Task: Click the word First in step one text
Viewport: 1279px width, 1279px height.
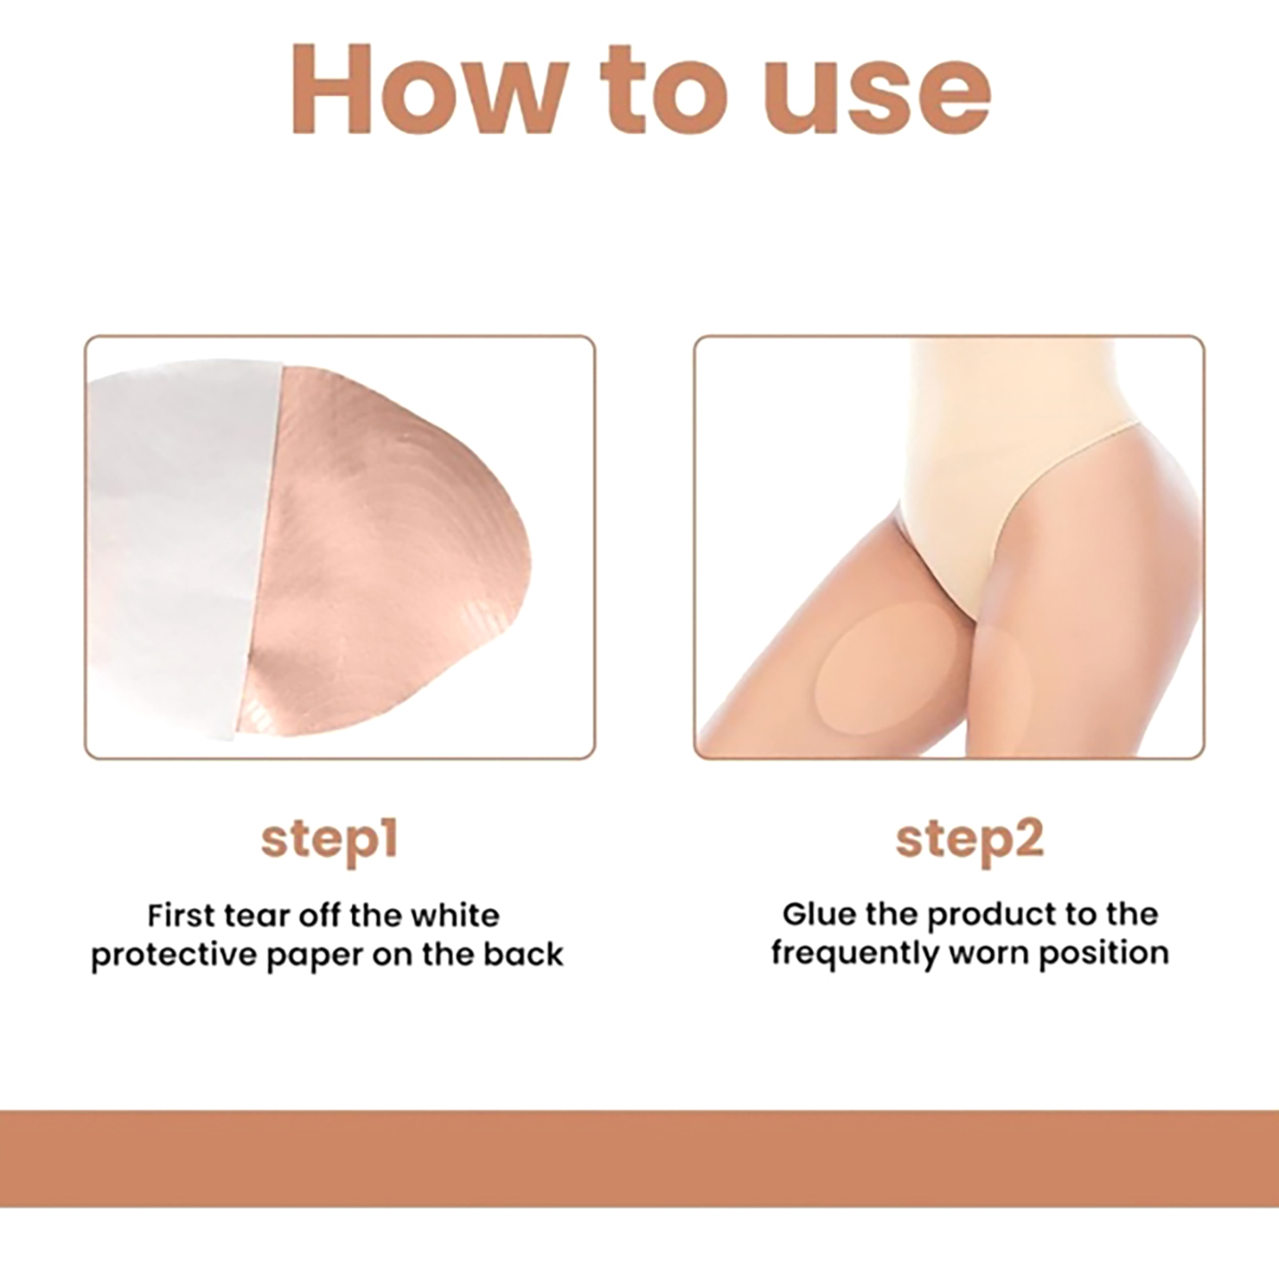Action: (181, 915)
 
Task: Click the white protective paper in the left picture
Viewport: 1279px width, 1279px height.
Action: (176, 552)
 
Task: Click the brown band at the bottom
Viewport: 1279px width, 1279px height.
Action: (639, 1161)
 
